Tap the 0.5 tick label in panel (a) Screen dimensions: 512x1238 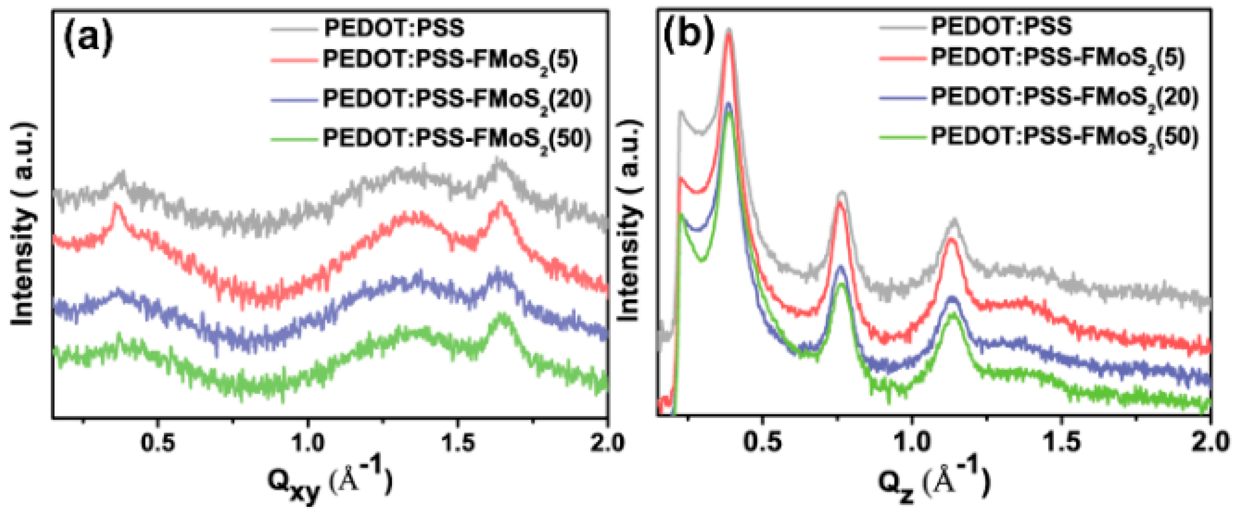pos(158,443)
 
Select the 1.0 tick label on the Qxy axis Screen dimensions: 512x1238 pos(308,443)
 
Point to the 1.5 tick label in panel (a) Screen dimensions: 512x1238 pos(458,443)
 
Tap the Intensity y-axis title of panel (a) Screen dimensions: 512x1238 pos(23,223)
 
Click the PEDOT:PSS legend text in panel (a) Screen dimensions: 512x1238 pos(394,28)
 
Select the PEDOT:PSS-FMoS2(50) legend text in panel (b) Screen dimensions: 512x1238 pos(1065,138)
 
